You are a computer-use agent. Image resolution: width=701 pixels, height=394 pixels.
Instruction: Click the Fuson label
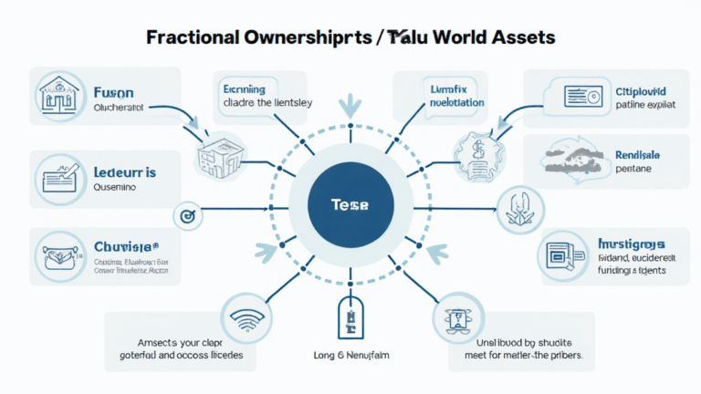(113, 92)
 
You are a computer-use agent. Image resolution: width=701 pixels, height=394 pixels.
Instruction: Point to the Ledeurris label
(124, 171)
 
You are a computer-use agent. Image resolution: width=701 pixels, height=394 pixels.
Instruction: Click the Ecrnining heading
(244, 89)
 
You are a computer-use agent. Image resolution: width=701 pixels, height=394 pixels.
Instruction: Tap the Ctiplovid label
(628, 92)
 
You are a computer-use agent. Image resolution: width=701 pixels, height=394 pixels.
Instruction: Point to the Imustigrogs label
(632, 244)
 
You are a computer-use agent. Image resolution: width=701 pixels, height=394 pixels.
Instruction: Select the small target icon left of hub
(186, 216)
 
